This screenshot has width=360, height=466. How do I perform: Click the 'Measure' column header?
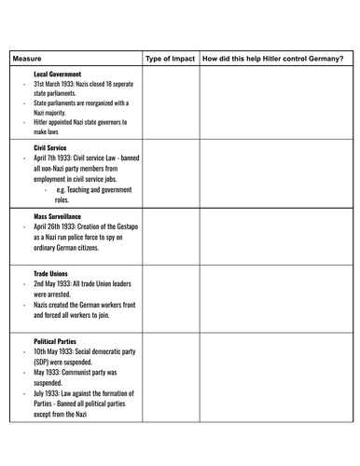coord(27,59)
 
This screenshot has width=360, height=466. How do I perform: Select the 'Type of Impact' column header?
coord(172,59)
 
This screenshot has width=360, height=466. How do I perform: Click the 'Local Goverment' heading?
coord(57,74)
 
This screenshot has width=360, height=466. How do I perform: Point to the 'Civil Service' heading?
coord(51,147)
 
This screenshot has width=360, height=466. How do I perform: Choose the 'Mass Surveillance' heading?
coord(59,215)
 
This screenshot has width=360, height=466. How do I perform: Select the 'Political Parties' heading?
coord(57,342)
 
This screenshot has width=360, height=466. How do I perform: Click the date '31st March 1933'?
coord(58,84)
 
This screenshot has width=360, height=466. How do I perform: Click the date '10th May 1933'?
coord(56,352)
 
